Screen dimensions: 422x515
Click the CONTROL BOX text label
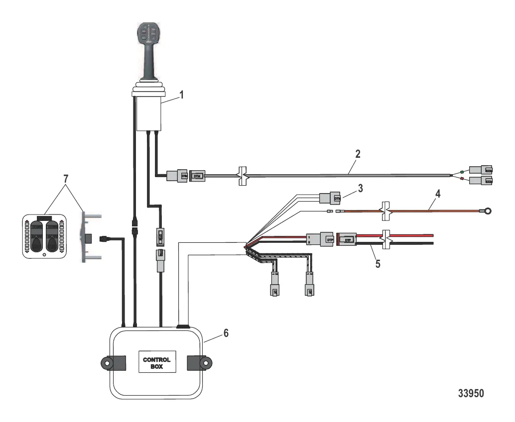point(157,363)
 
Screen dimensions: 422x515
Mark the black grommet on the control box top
point(183,327)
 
